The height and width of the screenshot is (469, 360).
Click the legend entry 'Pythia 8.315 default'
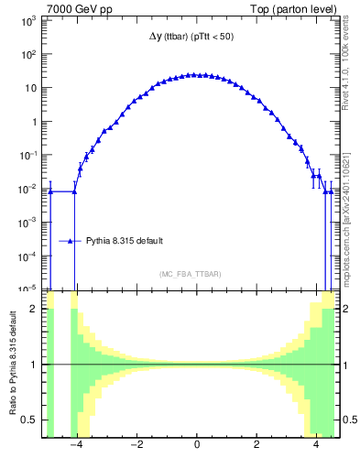coord(125,241)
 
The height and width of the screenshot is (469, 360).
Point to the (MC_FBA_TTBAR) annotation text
coord(196,274)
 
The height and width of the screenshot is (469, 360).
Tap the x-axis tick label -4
coord(77,447)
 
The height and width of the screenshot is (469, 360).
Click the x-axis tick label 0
coord(197,447)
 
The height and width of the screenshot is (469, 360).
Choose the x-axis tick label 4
coord(316,447)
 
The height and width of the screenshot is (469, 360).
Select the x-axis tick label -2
coord(136,447)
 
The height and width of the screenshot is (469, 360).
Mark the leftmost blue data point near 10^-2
coord(50,191)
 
